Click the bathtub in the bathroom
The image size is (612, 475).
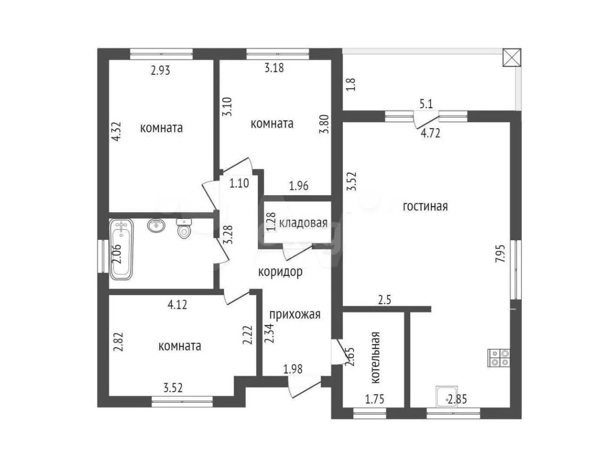(121, 249)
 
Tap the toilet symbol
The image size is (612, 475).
(184, 229)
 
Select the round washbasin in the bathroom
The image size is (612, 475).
(156, 225)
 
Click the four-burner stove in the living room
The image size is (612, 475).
(499, 358)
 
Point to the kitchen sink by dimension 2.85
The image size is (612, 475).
(447, 396)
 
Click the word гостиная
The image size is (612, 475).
(425, 207)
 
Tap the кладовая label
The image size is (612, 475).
(303, 223)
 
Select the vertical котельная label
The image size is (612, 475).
(376, 358)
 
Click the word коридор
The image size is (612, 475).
(280, 272)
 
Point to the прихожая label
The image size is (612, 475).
(295, 314)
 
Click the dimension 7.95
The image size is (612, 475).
(500, 254)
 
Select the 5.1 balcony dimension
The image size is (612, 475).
(426, 104)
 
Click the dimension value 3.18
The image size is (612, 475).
(274, 68)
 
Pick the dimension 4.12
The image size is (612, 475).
(177, 305)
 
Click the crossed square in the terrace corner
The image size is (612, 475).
(512, 57)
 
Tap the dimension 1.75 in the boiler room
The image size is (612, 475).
(374, 399)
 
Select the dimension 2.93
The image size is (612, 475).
(160, 70)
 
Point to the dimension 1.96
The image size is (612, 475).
(299, 186)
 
